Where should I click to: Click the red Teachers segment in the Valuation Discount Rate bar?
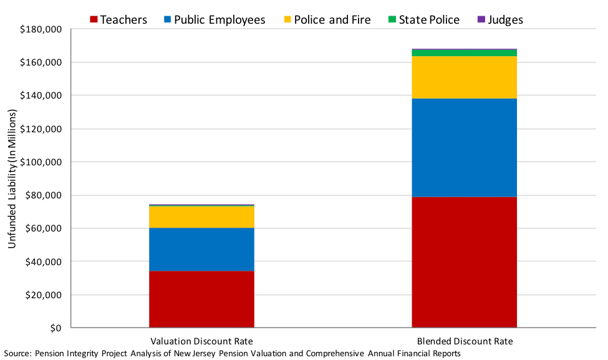(201, 299)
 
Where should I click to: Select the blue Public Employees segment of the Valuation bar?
(201, 249)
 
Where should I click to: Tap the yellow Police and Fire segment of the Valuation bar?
(201, 216)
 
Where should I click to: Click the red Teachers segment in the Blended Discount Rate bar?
(464, 262)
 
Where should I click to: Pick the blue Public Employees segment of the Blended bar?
(464, 147)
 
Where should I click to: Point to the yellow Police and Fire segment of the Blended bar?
(464, 77)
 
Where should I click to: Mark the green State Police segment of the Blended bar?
(464, 53)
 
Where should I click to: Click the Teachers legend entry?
(118, 20)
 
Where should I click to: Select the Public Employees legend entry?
(213, 20)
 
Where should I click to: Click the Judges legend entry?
(500, 20)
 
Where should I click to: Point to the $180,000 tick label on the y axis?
(40, 29)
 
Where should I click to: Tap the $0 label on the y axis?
(55, 328)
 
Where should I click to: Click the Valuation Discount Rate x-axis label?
(201, 341)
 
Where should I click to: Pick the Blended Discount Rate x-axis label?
(465, 341)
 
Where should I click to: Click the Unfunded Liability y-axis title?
(11, 178)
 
